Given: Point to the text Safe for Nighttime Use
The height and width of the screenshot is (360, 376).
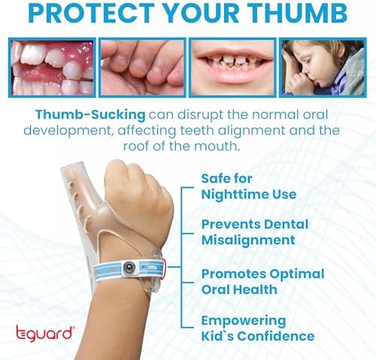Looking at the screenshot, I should pyautogui.click(x=248, y=186).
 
